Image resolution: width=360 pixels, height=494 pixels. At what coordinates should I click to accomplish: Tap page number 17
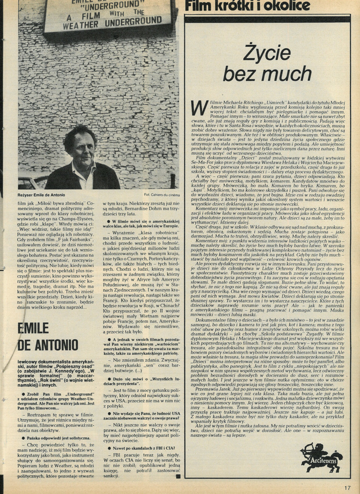point(347,489)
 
